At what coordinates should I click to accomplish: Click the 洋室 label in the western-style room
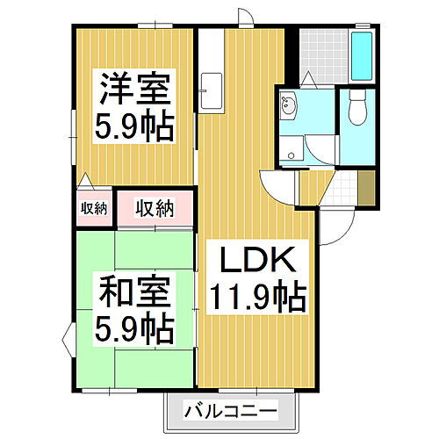[x=133, y=89]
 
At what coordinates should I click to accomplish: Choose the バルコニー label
[x=231, y=410]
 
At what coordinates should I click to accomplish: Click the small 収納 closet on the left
[x=94, y=209]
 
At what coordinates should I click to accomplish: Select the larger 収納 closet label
[x=155, y=209]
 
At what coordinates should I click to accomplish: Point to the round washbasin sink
[x=291, y=109]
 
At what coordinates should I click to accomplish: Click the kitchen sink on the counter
[x=209, y=90]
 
